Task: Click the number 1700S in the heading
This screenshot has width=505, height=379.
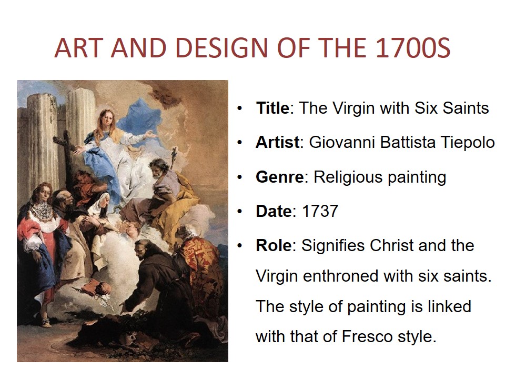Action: pos(413,48)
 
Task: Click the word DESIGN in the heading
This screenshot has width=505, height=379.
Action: pos(221,48)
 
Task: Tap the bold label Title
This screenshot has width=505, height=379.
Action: pos(273,108)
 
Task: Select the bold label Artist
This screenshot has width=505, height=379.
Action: pos(277,142)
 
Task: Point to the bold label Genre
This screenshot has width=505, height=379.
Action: pos(279,177)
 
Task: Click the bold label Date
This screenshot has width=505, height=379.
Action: pos(274,212)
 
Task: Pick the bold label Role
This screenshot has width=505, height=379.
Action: pos(274,246)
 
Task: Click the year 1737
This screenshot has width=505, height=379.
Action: pos(320,212)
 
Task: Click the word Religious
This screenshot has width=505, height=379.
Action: pos(348,177)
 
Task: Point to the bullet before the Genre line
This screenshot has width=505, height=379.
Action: pos(239,177)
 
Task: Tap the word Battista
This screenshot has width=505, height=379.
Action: pos(407,142)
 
